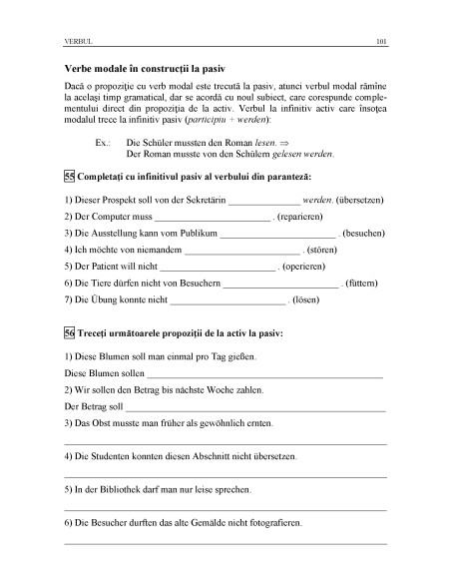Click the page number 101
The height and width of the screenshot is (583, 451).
pos(381,43)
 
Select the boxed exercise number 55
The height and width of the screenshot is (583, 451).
pos(68,176)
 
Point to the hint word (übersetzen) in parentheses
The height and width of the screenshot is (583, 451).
pos(360,199)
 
